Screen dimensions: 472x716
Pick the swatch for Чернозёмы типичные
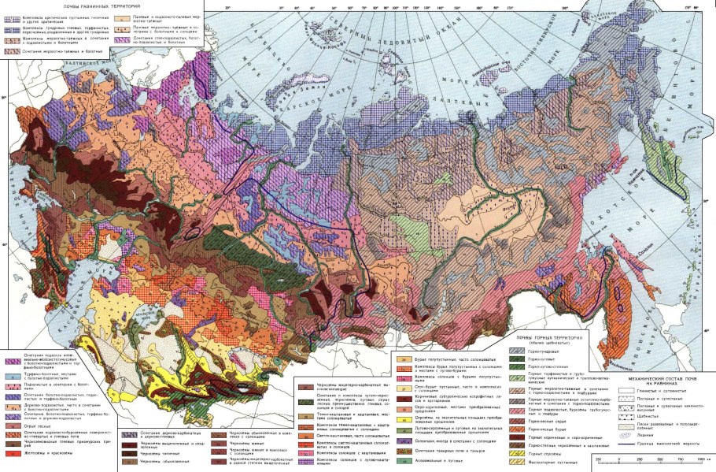pos(127,455)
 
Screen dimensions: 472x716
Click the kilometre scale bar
pos(652,459)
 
